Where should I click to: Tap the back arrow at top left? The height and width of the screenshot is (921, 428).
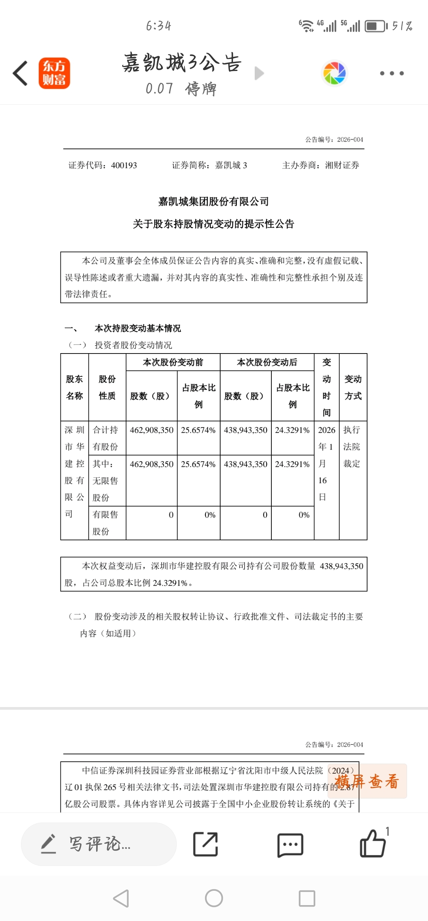point(21,73)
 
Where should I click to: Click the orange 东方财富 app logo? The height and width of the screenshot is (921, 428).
point(54,73)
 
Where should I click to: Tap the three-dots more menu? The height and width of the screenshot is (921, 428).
point(392,73)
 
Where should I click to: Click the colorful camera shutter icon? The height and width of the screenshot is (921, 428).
point(334,73)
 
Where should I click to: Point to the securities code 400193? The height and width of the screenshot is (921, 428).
point(124,166)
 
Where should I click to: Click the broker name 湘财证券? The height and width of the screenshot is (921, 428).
point(342,166)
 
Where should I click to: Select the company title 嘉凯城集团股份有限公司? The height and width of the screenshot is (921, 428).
point(214,202)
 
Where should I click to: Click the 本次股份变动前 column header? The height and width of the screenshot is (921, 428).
point(173,362)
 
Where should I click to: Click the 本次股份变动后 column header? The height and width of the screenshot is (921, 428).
point(267,362)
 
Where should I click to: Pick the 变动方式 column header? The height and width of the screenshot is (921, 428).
point(353,387)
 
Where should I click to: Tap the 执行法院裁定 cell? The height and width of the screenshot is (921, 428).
point(352,447)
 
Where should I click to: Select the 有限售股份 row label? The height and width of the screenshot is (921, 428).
point(105,523)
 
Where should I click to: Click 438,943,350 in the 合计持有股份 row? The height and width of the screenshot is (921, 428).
point(245,430)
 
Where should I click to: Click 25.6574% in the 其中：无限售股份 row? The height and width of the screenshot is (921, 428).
point(198,464)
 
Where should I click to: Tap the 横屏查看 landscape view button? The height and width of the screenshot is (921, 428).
point(367,781)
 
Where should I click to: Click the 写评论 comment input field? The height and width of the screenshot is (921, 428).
point(99,844)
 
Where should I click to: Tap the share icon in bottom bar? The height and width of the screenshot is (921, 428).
point(205,844)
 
